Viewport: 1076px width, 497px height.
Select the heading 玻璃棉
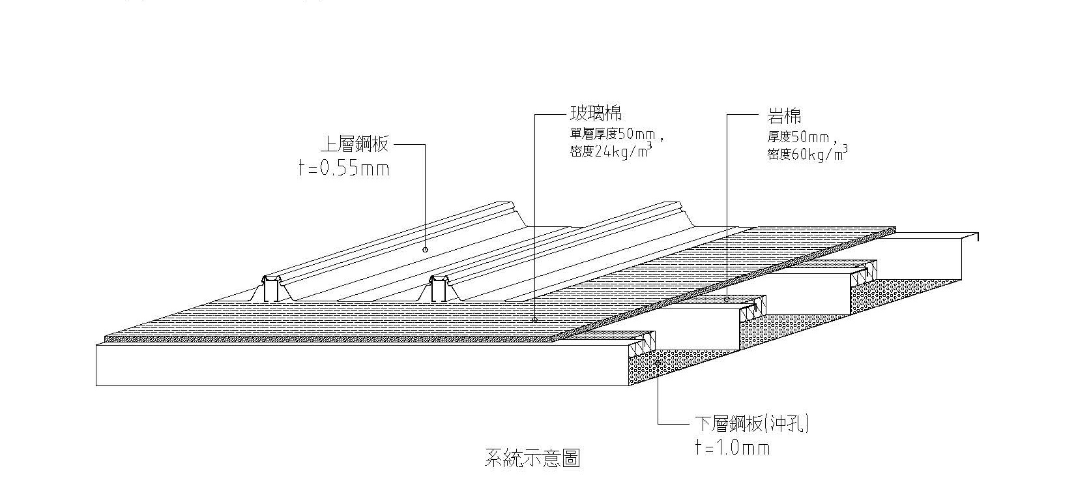pyautogui.click(x=595, y=115)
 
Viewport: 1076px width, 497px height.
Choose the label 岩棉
pyautogui.click(x=784, y=117)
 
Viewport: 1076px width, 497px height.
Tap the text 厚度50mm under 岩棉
pyautogui.click(x=798, y=138)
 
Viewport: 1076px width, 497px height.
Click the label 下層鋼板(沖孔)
pyautogui.click(x=749, y=425)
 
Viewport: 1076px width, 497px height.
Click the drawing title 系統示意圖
pyautogui.click(x=532, y=458)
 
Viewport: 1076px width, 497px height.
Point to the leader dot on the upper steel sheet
pyautogui.click(x=425, y=248)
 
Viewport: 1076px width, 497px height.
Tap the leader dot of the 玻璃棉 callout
pyautogui.click(x=534, y=320)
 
